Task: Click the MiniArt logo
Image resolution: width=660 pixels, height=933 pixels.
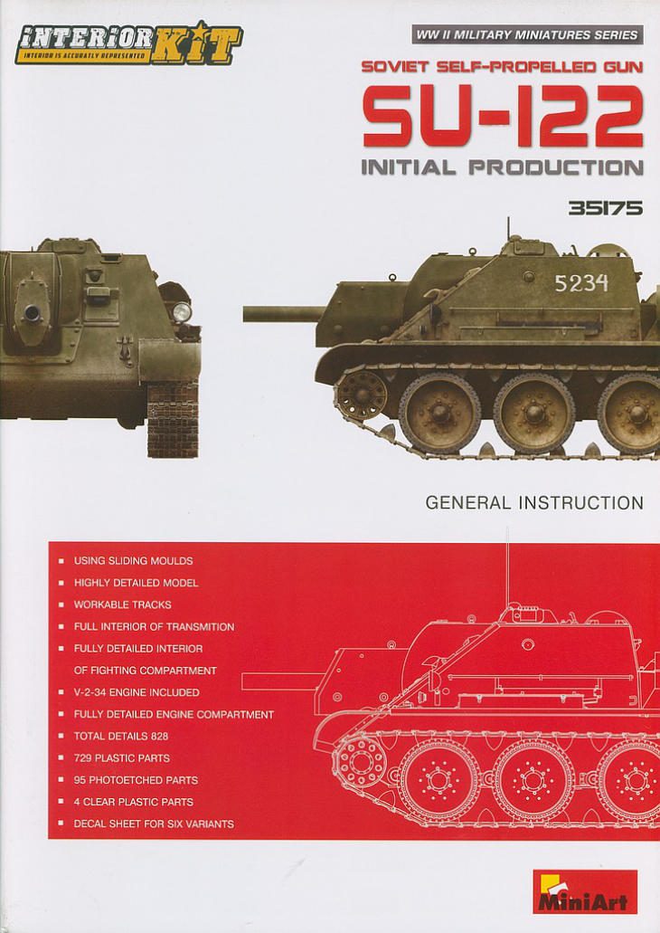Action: coord(584,891)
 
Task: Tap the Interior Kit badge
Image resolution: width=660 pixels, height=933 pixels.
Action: coord(128,42)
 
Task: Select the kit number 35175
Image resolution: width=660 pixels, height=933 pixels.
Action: coord(605,208)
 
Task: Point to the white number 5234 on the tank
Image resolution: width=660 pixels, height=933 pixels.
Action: coord(581,282)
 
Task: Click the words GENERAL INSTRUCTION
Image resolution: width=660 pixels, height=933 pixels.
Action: coord(534,503)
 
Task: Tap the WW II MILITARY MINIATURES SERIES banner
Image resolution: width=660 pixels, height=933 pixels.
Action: coord(527,35)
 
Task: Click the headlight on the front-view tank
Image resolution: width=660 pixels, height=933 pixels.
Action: coord(181,311)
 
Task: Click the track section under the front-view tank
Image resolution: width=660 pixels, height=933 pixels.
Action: coord(173,419)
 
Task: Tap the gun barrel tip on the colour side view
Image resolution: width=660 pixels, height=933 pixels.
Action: coord(246,314)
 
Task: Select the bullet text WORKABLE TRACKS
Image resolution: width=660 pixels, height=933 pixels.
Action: coord(122,605)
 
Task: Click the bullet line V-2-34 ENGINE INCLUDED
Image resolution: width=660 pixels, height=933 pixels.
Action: coord(137,692)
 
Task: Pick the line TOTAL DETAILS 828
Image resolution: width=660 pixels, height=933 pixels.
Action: coord(121,736)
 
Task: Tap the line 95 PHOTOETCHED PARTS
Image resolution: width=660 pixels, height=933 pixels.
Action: coord(136,780)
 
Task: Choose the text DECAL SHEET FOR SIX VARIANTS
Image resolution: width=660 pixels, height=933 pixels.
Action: coord(154,824)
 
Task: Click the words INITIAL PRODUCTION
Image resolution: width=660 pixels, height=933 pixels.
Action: coord(503,167)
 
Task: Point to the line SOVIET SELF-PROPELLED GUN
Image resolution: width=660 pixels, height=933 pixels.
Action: coord(503,67)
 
